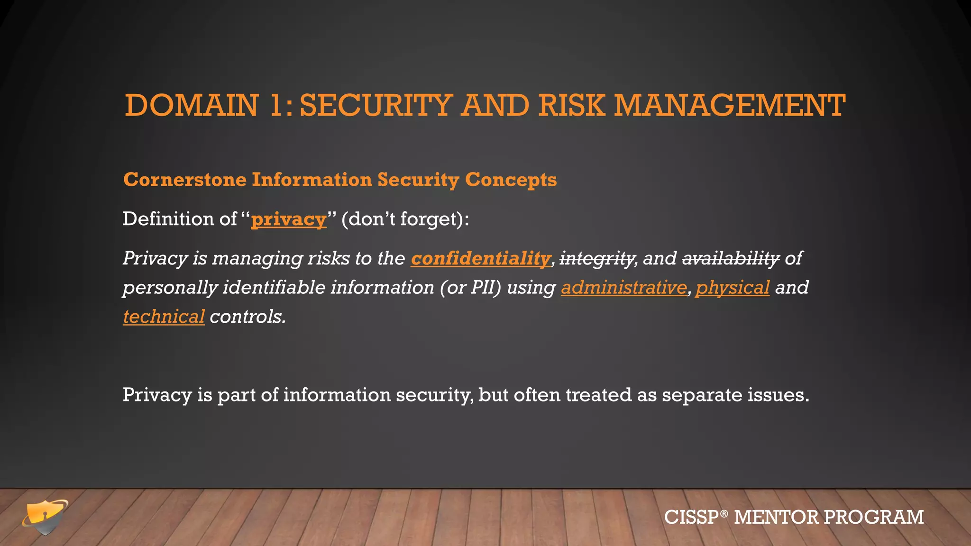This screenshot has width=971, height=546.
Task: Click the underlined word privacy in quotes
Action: (288, 219)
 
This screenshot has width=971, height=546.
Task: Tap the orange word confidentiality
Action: (480, 259)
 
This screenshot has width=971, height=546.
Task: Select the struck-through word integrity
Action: (597, 259)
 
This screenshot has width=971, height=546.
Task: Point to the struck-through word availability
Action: (730, 259)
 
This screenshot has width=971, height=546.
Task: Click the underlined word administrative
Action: (623, 288)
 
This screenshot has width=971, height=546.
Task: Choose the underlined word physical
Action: (732, 288)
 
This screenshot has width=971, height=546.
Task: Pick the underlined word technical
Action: (164, 317)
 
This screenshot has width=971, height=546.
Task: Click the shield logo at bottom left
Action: (45, 517)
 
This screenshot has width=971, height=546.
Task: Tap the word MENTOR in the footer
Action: (776, 517)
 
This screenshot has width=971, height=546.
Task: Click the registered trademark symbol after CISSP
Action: (724, 513)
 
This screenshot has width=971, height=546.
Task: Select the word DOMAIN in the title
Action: (192, 105)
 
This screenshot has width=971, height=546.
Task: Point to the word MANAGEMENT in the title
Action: (729, 105)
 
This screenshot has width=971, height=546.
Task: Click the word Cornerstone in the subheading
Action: (185, 180)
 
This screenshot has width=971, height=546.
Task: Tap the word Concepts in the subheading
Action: (511, 180)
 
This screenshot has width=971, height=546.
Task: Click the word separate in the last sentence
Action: (702, 395)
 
